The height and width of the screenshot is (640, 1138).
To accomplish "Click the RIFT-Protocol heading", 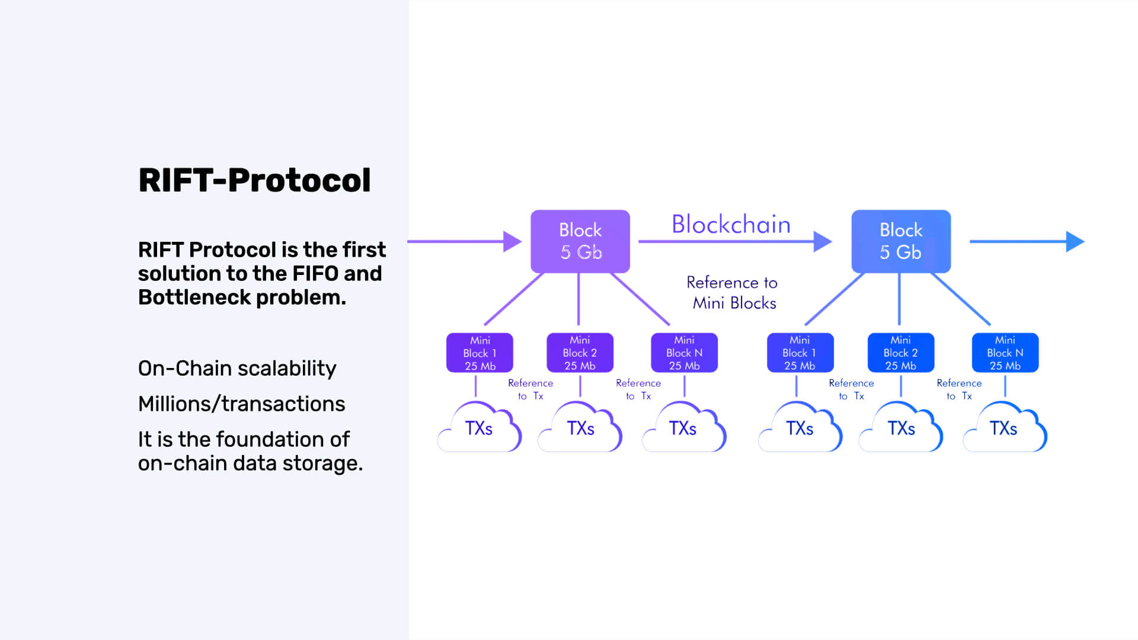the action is [254, 180].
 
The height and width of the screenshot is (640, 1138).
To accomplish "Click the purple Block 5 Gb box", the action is [580, 241].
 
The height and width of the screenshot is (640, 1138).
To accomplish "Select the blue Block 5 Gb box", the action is [901, 241].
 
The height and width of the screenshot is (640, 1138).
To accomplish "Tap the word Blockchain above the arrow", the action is [731, 225].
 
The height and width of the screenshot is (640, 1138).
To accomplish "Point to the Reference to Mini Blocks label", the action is [733, 293].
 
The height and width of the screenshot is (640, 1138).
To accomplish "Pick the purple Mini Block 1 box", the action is [480, 353].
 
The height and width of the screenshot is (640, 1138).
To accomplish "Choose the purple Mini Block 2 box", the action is [580, 353].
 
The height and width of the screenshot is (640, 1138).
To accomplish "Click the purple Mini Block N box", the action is [684, 353].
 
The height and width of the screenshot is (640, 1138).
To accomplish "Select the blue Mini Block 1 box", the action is [800, 353].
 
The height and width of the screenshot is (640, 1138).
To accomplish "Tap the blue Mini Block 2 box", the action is [901, 353].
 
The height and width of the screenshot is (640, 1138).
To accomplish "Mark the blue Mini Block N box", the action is [1005, 353].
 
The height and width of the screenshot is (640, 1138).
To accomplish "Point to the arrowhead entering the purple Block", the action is [512, 242].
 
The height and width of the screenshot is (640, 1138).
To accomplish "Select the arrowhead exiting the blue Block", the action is [1075, 242].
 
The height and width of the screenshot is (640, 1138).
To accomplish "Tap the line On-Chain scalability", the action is [237, 369].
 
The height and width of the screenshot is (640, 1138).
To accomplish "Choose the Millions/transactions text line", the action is [241, 404].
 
